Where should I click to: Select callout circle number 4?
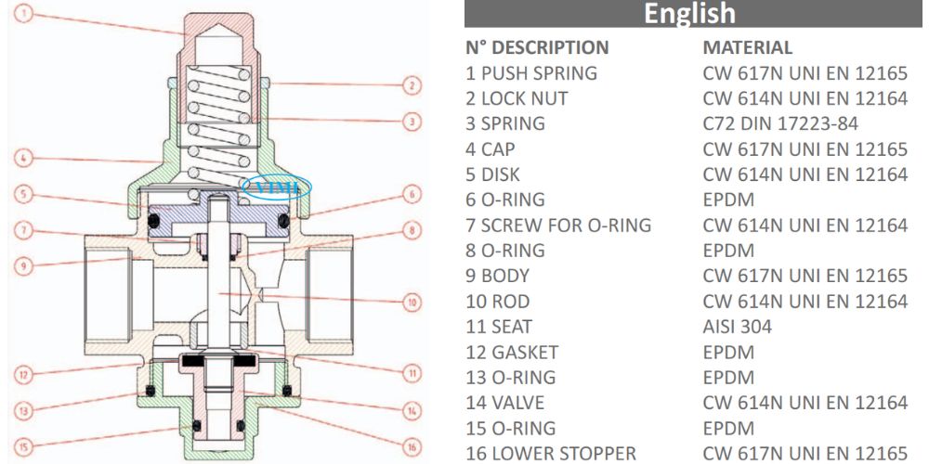click(29, 158)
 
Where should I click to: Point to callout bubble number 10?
click(412, 302)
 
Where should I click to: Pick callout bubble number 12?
click(29, 376)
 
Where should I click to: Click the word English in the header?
click(689, 14)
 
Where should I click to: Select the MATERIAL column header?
click(748, 47)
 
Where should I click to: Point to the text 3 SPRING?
click(505, 123)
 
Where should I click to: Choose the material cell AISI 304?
click(738, 327)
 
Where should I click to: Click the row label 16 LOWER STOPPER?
click(552, 454)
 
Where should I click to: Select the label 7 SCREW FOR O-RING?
click(558, 225)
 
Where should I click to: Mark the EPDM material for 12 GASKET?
click(728, 353)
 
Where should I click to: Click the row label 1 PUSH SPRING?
click(531, 72)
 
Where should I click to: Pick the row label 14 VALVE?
click(505, 403)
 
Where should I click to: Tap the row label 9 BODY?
click(498, 276)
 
